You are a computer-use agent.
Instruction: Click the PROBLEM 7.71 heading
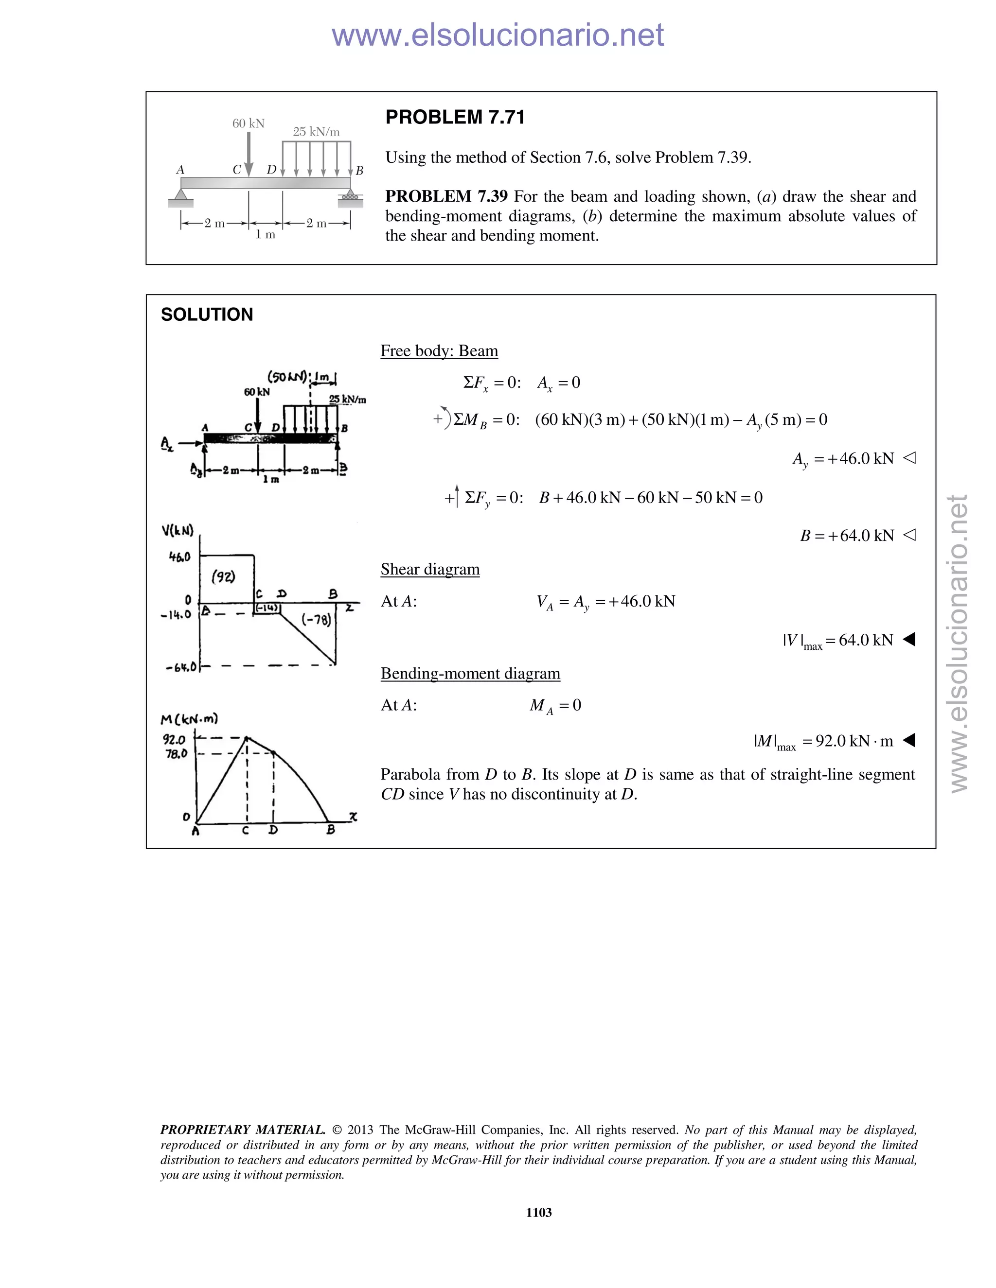(454, 117)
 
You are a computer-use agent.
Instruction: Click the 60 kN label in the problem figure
(248, 123)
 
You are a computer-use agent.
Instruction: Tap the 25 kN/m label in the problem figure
(316, 132)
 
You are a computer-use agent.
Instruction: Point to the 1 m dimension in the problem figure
(265, 235)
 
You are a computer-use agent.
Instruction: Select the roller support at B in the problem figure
(351, 196)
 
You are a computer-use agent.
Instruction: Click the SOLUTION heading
(207, 314)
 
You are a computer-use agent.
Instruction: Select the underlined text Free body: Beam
(439, 351)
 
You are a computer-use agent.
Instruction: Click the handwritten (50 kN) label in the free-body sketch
(287, 376)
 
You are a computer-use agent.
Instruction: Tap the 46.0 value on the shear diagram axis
(179, 557)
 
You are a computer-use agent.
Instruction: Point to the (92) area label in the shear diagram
(224, 577)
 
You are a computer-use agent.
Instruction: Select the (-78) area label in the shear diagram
(316, 619)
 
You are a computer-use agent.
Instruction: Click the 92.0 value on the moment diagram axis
(174, 739)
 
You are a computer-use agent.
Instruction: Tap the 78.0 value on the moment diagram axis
(176, 754)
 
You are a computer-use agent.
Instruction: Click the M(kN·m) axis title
(189, 719)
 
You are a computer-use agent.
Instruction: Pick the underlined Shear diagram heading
(429, 569)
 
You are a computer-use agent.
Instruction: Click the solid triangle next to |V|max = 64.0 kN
(909, 639)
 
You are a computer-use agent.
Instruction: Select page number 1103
(538, 1213)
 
